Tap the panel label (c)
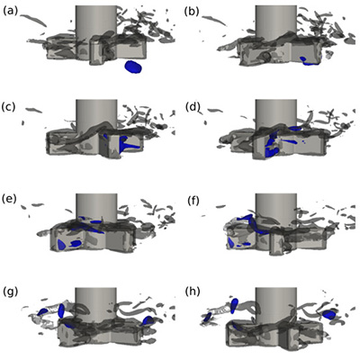(x=8, y=106)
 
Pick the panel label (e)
(x=9, y=199)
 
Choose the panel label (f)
(x=193, y=201)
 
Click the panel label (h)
(x=193, y=291)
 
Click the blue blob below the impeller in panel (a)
(x=133, y=67)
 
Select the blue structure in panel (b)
(x=308, y=60)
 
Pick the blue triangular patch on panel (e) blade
(x=61, y=245)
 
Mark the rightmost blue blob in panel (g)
(x=148, y=320)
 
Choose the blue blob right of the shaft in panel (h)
(x=329, y=314)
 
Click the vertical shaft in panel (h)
(x=276, y=304)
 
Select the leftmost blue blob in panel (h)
(x=208, y=317)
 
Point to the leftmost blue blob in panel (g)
(x=42, y=311)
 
